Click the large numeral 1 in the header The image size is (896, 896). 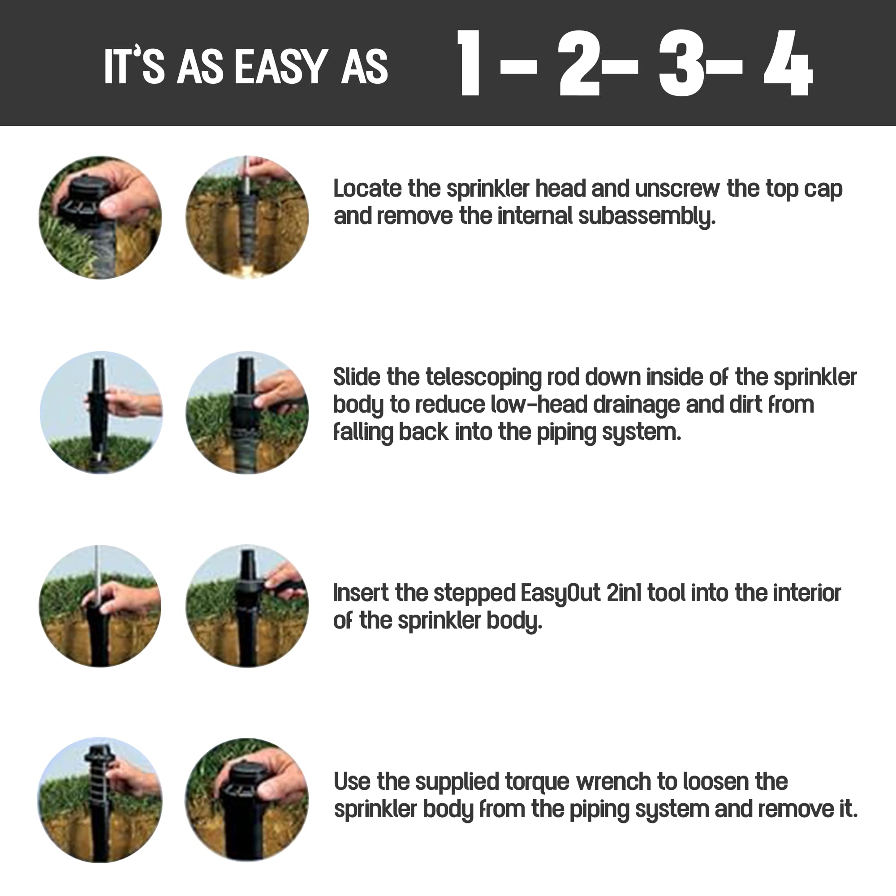point(469,64)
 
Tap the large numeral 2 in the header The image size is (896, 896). point(580,64)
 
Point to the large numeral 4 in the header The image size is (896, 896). point(788,64)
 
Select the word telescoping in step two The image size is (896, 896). point(483,378)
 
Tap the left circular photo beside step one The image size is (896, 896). point(101,218)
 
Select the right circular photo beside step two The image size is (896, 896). point(247,413)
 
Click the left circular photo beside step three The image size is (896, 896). point(100,606)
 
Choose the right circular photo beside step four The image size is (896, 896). point(247,800)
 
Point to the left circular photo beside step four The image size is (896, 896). point(100,800)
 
